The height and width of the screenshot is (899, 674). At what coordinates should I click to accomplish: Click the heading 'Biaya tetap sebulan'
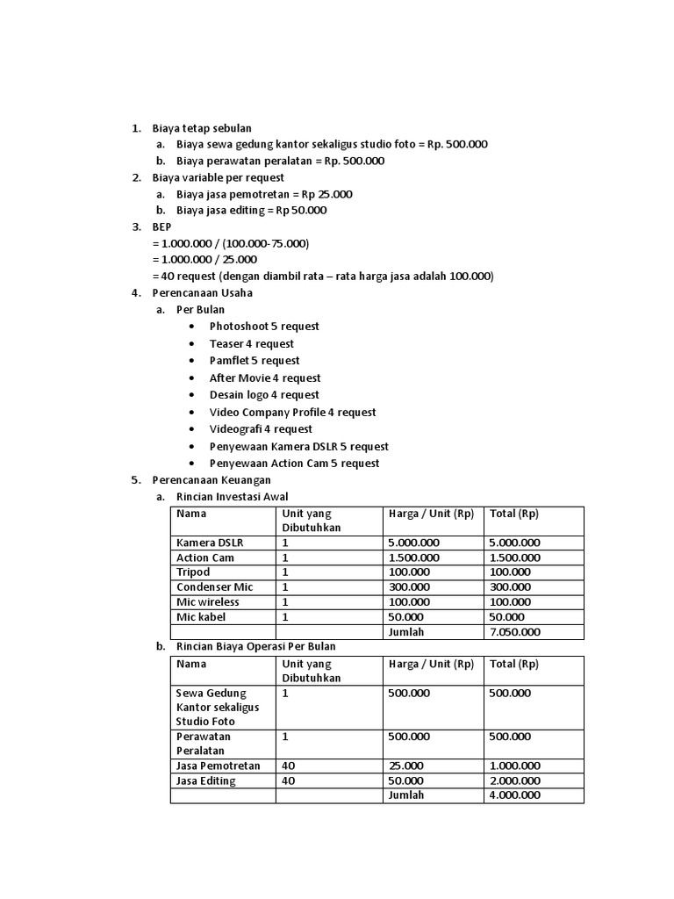(201, 128)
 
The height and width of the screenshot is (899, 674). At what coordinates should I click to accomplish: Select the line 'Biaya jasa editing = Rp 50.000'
(251, 211)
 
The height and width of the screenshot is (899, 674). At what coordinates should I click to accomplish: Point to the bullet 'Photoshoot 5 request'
(263, 327)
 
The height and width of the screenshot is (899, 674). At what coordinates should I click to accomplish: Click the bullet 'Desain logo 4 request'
(264, 395)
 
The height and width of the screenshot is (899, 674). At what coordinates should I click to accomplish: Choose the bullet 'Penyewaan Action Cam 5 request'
(294, 464)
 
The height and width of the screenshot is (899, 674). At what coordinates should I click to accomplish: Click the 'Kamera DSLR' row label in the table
(210, 543)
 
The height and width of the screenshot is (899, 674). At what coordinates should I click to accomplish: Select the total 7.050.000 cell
(514, 632)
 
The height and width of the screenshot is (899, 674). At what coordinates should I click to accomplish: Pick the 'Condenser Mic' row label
(213, 587)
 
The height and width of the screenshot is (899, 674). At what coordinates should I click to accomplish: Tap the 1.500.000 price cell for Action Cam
(413, 557)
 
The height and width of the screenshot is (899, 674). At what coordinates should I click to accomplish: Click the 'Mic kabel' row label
(201, 617)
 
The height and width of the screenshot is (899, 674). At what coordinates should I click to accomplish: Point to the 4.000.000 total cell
(514, 795)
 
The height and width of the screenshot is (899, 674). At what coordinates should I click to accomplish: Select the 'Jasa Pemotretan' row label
(219, 766)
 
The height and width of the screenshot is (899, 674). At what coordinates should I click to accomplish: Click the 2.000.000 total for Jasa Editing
(514, 781)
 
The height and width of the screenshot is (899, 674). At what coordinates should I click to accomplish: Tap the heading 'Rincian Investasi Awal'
(232, 497)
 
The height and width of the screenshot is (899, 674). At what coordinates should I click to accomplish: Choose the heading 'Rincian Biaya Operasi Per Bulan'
(255, 646)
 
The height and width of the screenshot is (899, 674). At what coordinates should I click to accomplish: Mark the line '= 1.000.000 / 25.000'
(204, 260)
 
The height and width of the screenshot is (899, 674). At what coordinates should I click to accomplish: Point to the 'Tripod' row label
(193, 572)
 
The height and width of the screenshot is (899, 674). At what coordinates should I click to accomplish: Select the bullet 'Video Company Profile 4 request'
(292, 413)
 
